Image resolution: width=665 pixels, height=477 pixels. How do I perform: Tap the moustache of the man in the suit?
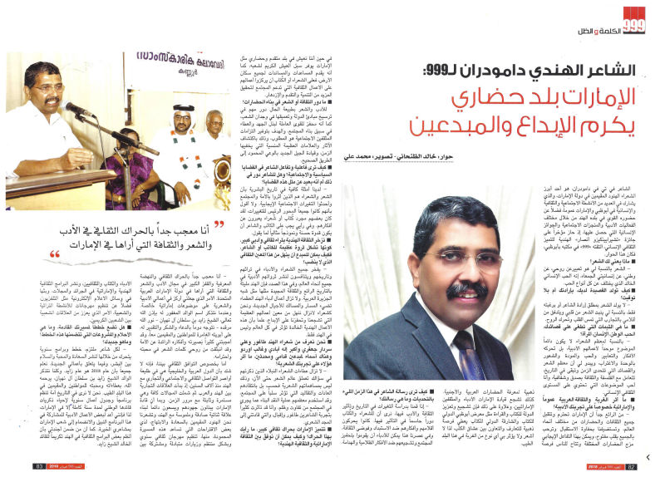(x=463, y=290)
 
